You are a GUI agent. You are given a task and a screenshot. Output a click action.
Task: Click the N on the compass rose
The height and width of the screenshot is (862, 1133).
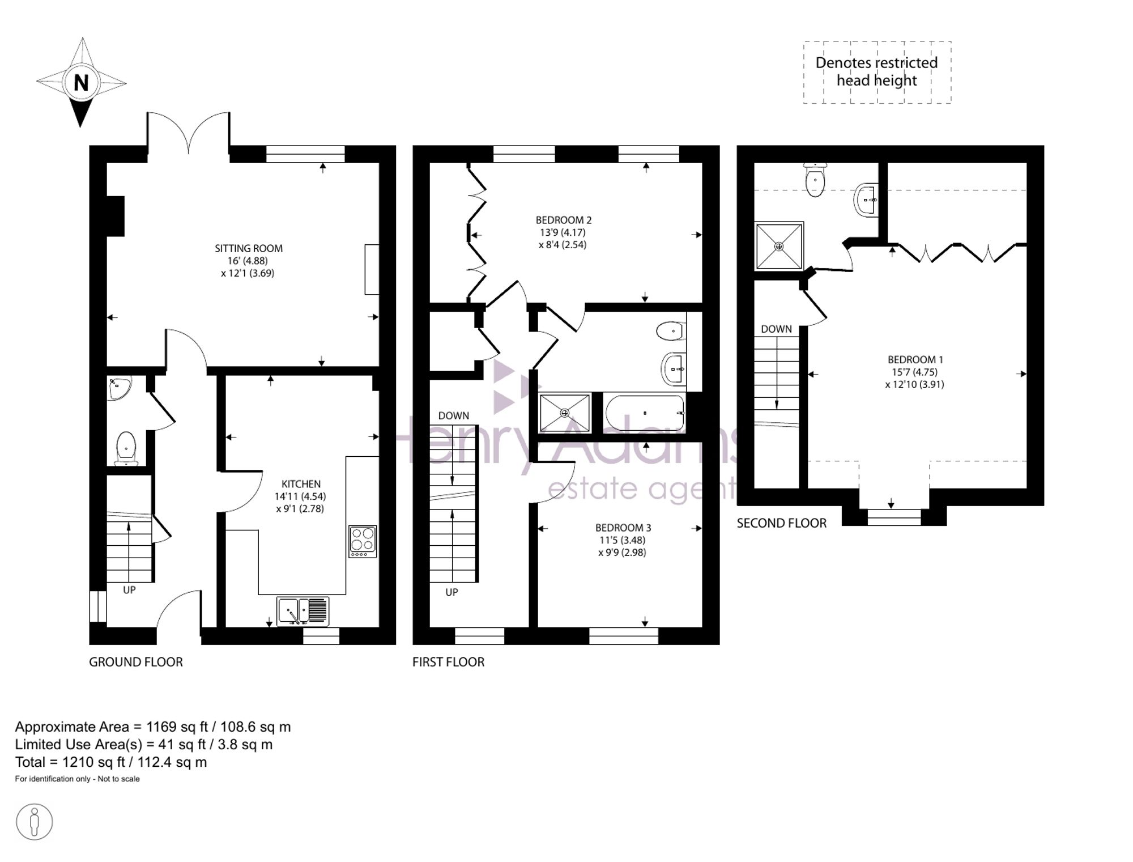(82, 83)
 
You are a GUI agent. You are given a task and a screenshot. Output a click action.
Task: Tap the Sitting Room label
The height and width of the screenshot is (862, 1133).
(248, 248)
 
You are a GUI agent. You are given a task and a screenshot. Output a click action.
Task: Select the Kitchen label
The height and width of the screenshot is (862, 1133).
(301, 484)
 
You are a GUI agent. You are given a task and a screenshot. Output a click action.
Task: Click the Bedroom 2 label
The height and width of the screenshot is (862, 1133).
(564, 220)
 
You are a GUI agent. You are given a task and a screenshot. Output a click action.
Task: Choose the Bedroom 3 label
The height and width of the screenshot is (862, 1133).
(623, 528)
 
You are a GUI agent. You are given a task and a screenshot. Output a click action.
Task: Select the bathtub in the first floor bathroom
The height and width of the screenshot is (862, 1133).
(645, 413)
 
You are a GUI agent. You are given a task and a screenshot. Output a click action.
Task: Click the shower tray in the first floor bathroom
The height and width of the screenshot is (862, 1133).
(565, 413)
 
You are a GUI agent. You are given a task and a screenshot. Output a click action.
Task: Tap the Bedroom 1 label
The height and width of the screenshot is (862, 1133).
(915, 359)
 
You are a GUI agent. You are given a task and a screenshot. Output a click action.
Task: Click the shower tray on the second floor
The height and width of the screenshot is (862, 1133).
(779, 246)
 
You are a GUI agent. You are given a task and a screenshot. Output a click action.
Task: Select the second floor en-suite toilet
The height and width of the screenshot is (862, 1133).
(815, 180)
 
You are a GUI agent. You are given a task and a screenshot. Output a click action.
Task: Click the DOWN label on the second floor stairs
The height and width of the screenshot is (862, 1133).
(776, 329)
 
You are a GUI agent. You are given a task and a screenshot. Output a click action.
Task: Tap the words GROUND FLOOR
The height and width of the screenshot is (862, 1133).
(136, 662)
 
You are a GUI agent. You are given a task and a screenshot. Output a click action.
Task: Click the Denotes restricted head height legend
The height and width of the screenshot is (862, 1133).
(877, 72)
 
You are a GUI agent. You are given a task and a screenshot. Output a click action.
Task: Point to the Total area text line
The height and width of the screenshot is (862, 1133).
(111, 762)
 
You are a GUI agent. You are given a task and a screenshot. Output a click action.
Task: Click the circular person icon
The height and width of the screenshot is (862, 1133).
(35, 822)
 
